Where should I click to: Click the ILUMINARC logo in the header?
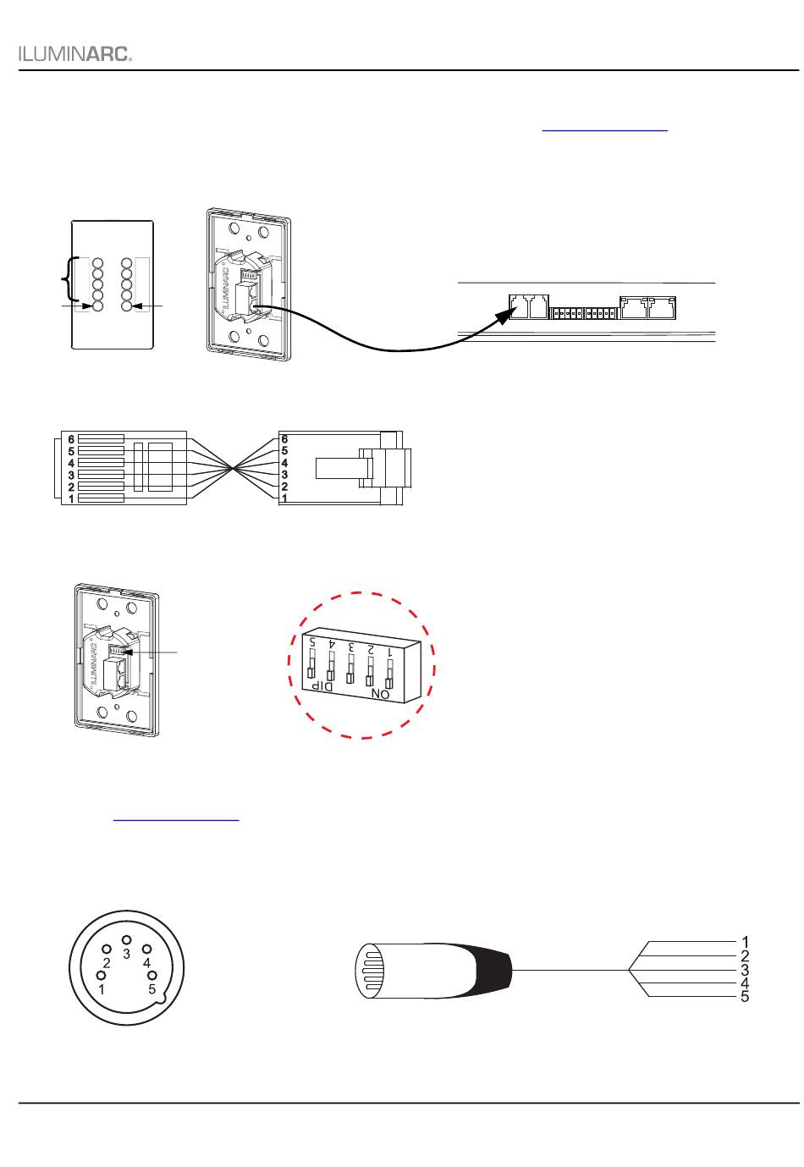[74, 53]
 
